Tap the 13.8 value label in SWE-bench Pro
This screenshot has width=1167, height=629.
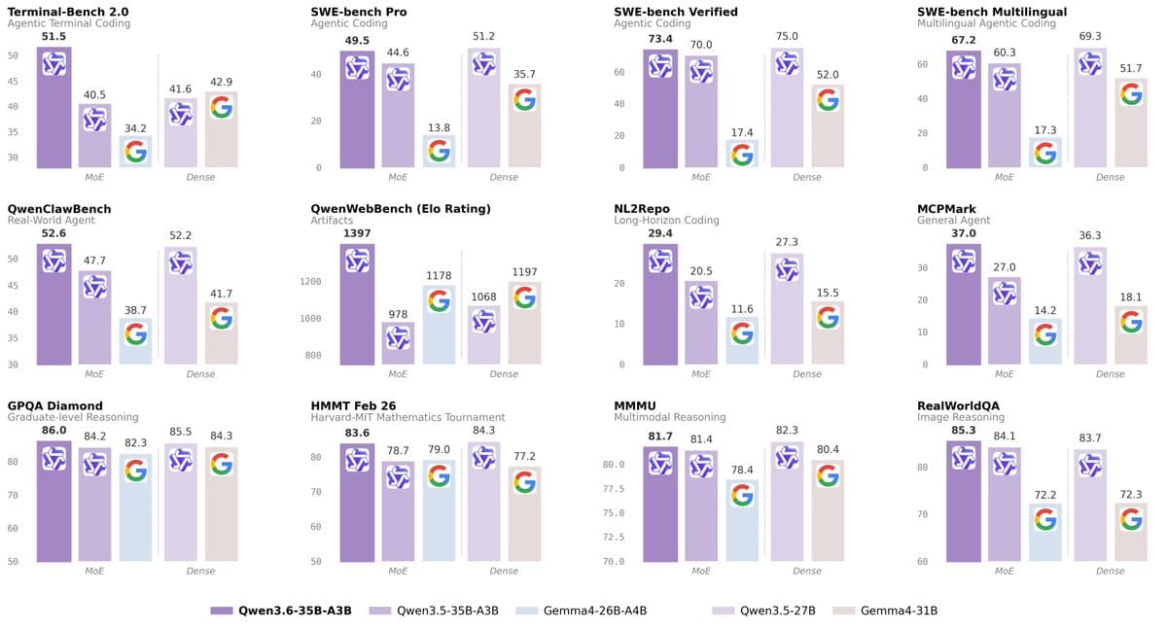[x=439, y=127]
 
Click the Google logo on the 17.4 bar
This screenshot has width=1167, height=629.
[x=742, y=155]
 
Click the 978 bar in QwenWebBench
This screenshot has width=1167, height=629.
[x=398, y=345]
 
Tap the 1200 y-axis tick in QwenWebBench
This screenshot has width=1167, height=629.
[x=310, y=282]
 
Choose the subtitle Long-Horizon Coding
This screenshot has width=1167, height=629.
[x=666, y=221]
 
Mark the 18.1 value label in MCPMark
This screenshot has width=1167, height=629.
[x=1130, y=297]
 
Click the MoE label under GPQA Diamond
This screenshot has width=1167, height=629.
[x=94, y=571]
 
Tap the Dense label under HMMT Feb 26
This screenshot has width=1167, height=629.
[x=503, y=571]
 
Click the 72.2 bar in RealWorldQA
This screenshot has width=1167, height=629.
[x=1045, y=535]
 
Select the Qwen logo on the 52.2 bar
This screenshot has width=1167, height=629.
[x=180, y=262]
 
